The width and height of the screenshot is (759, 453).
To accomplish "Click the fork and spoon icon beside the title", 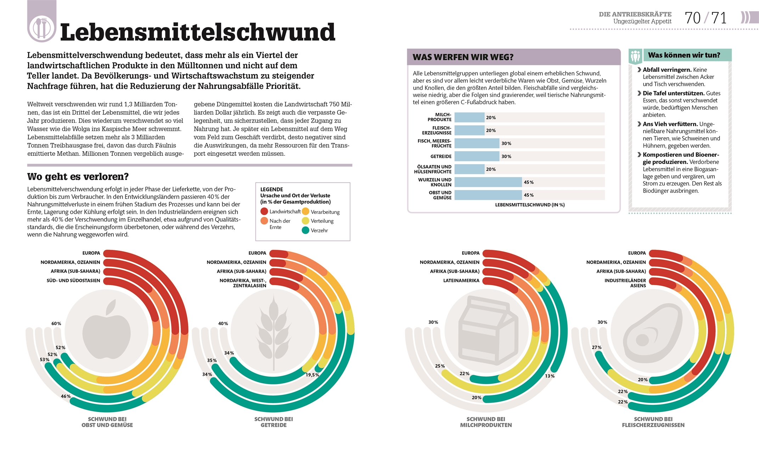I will [x=42, y=28].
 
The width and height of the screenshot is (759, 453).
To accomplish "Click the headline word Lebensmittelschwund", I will [x=197, y=32].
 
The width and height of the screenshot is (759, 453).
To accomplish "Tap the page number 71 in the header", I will [x=719, y=18].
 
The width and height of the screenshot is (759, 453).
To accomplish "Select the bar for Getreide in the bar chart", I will [x=477, y=156].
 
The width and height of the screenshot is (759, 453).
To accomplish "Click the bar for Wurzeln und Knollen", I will [x=488, y=182].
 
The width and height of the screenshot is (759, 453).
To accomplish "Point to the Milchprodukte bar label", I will [x=439, y=117].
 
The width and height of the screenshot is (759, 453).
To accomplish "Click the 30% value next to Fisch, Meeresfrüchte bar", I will [x=506, y=143].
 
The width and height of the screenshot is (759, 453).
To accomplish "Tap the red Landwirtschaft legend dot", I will [x=264, y=211].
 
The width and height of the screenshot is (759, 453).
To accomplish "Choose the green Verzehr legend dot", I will [x=305, y=230].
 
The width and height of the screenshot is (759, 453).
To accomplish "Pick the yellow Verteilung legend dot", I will [x=305, y=221].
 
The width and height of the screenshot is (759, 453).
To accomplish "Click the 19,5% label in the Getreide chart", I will [x=312, y=375].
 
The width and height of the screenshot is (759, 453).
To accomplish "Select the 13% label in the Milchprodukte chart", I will [x=550, y=376].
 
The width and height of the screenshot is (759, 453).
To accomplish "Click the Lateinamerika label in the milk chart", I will [x=461, y=281].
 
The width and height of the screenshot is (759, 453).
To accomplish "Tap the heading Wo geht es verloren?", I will [x=78, y=177].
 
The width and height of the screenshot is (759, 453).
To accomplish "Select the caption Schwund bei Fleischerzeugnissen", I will [x=653, y=422].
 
